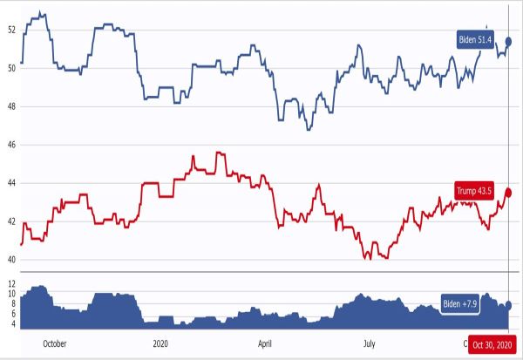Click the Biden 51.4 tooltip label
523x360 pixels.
coord(475,39)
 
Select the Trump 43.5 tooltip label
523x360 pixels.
coord(475,190)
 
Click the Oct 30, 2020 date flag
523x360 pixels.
coord(492,343)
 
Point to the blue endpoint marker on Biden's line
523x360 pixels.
coord(509,41)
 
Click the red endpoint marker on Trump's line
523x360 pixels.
coord(509,193)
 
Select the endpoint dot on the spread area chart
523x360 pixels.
coord(509,304)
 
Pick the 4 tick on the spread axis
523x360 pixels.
coord(13,324)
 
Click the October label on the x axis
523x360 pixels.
coord(54,343)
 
